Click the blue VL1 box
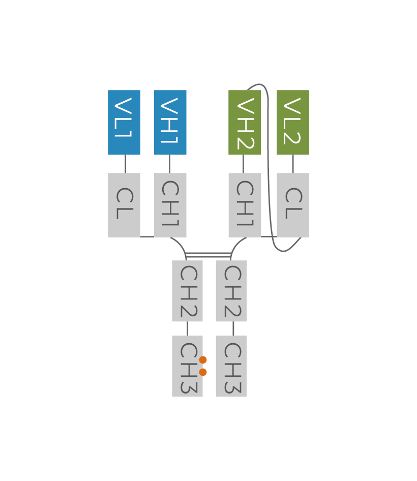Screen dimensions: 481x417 (x=124, y=123)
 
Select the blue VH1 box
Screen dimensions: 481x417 (x=170, y=123)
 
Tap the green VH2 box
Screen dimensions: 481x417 (x=244, y=123)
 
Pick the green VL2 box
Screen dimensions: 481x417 (x=292, y=123)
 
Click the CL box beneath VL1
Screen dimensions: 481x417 (x=124, y=204)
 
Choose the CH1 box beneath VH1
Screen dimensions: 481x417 (x=170, y=204)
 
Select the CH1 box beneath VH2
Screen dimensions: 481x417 (x=244, y=204)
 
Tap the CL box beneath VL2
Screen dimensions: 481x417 (x=292, y=204)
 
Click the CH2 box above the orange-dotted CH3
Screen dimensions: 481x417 (x=187, y=291)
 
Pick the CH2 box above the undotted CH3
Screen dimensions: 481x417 (x=231, y=291)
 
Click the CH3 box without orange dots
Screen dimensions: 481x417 (x=231, y=366)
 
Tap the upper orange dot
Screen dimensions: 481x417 (x=203, y=360)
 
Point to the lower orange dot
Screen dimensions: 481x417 (x=203, y=372)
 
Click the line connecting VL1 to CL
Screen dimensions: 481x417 (x=125, y=164)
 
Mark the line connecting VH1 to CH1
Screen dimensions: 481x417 (x=170, y=164)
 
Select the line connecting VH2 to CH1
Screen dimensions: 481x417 (x=243, y=164)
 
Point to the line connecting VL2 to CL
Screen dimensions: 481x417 (x=293, y=164)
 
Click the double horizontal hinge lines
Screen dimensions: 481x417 (x=208, y=255)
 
